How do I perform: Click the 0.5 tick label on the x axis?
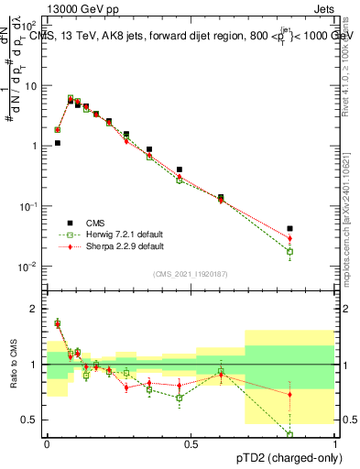(191, 443)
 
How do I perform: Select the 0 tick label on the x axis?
(47, 443)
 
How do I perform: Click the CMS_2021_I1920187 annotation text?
(191, 273)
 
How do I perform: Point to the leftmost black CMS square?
(57, 143)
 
